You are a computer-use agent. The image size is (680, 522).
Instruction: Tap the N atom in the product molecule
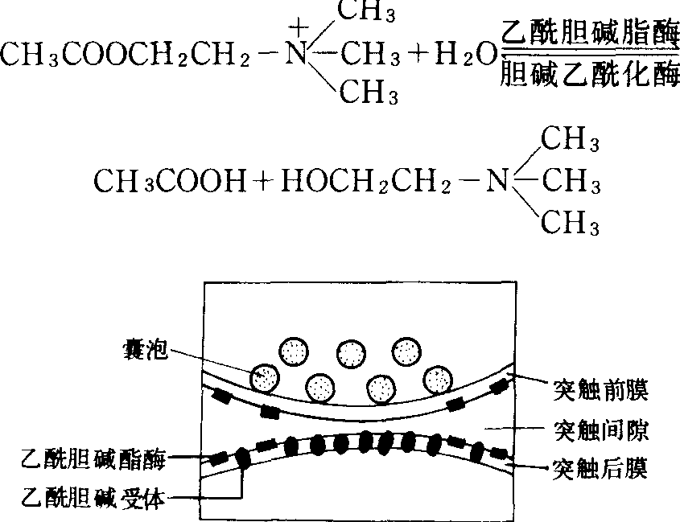coord(497,182)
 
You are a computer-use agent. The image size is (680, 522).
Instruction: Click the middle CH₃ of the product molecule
coord(570,182)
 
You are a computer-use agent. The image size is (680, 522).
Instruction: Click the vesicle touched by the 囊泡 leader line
coord(266,376)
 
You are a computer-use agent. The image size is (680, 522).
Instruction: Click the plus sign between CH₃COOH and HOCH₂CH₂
coord(262,182)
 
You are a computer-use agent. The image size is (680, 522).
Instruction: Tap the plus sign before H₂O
coord(418,55)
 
